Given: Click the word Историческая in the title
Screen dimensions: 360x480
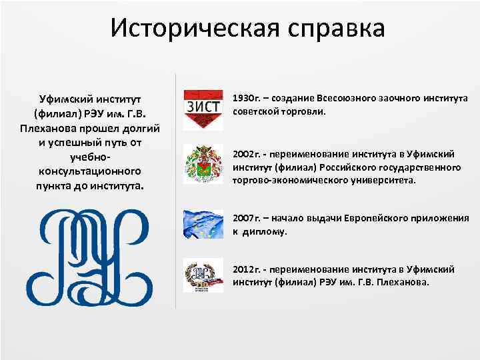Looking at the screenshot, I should click(x=187, y=29).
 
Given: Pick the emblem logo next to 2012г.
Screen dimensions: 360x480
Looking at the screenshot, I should click(x=203, y=275).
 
